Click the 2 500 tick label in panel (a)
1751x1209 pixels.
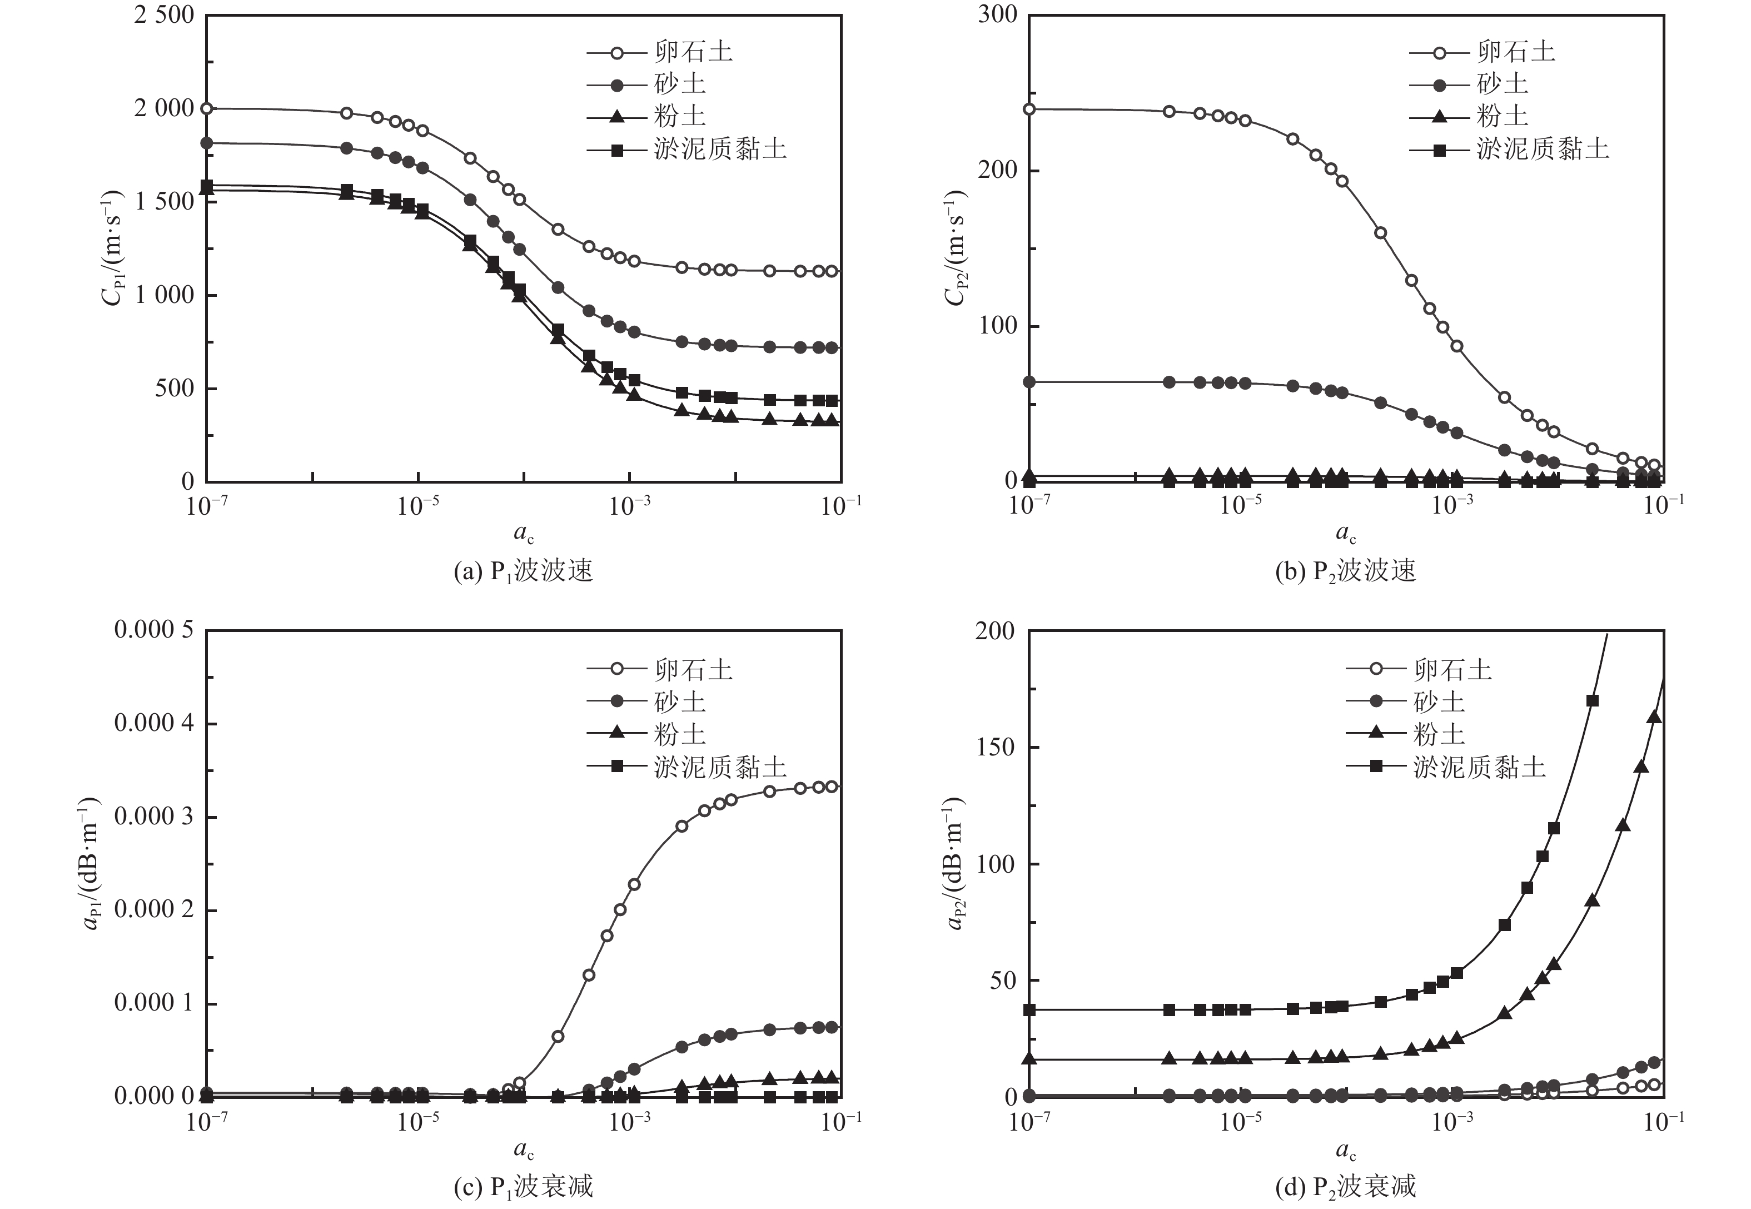(163, 15)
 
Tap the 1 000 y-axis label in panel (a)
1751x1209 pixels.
(163, 295)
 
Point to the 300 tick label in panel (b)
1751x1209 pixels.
(997, 15)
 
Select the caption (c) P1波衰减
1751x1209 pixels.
(523, 1186)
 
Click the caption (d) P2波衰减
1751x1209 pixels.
(1345, 1186)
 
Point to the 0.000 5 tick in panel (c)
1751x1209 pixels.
(154, 630)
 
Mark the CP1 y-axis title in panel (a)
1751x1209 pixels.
(112, 246)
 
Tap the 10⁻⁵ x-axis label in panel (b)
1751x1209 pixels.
(1240, 505)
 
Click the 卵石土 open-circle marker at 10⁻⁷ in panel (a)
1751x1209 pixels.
(206, 108)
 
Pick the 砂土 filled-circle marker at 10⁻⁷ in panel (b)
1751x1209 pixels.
(1028, 382)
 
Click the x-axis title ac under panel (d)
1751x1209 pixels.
(1345, 1152)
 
